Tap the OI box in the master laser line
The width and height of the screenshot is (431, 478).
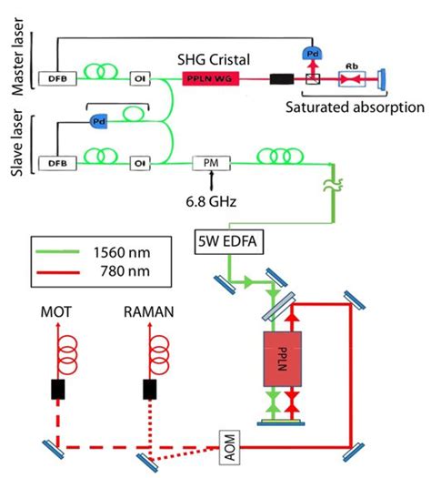click(x=140, y=77)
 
